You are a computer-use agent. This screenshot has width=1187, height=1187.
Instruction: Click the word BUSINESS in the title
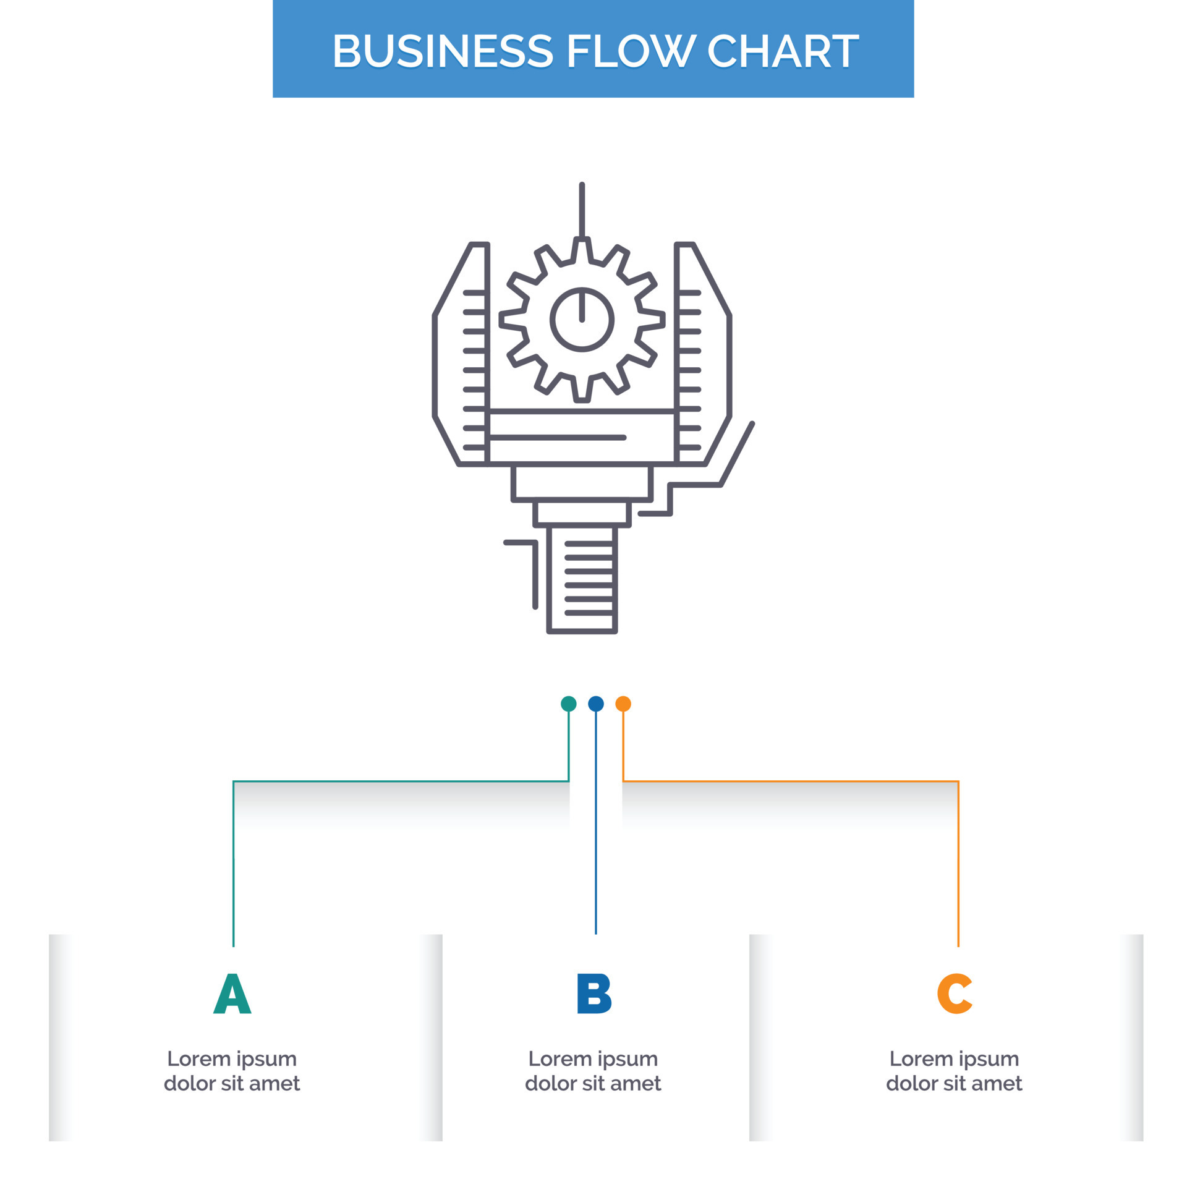pyautogui.click(x=443, y=51)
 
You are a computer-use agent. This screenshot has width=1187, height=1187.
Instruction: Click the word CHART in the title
pyautogui.click(x=783, y=51)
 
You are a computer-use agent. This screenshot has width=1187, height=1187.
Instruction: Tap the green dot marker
pyautogui.click(x=568, y=704)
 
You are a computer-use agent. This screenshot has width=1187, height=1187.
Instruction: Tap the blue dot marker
pyautogui.click(x=596, y=704)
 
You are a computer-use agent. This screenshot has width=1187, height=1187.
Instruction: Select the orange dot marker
pyautogui.click(x=623, y=704)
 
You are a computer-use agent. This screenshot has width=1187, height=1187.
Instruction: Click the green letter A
pyautogui.click(x=232, y=993)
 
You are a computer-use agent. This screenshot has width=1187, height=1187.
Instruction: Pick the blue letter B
pyautogui.click(x=594, y=993)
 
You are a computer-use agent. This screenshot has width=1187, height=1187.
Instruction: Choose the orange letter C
pyautogui.click(x=955, y=993)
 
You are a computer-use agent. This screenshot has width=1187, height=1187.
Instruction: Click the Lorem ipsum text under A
pyautogui.click(x=232, y=1071)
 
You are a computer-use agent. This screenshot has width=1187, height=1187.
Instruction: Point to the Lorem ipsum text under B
pyautogui.click(x=593, y=1071)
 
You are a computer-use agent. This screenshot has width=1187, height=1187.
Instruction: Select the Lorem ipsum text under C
pyautogui.click(x=954, y=1071)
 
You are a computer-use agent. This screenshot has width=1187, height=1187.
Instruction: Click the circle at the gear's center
pyautogui.click(x=582, y=320)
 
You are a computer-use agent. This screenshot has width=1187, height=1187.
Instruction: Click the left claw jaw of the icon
pyautogui.click(x=461, y=352)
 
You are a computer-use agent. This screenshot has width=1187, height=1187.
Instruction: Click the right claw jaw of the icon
pyautogui.click(x=704, y=352)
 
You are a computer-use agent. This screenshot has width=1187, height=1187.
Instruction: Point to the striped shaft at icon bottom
pyautogui.click(x=582, y=578)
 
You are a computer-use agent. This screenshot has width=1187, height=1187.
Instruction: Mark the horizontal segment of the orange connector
pyautogui.click(x=791, y=781)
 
